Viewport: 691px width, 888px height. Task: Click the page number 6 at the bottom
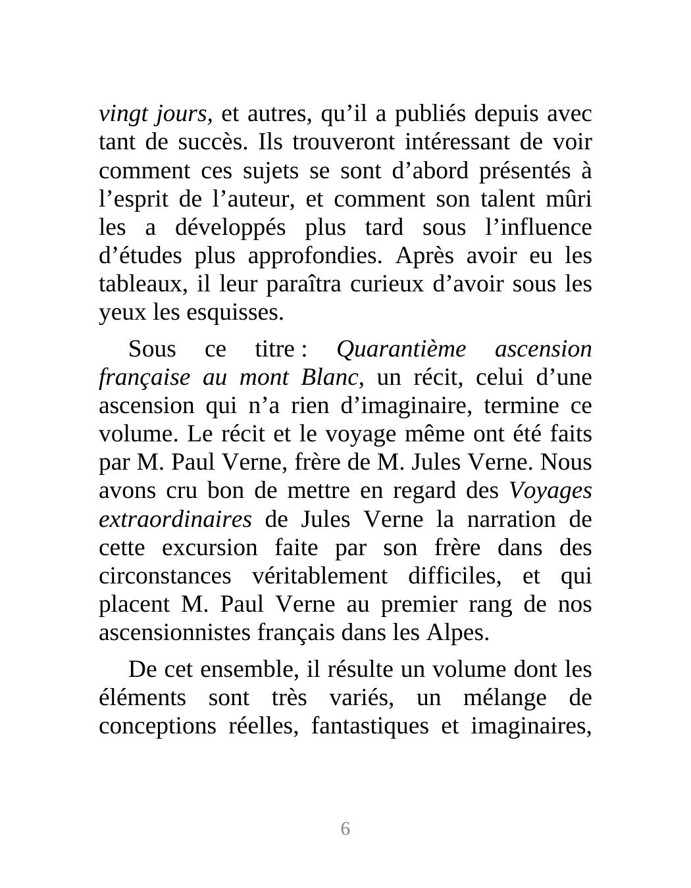pos(345,829)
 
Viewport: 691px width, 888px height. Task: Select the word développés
pos(230,228)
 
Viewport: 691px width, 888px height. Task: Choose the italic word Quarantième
pos(401,349)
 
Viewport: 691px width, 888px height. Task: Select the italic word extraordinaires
pos(175,520)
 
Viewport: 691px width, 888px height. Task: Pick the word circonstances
pos(165,576)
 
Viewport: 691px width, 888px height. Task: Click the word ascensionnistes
pos(175,633)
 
